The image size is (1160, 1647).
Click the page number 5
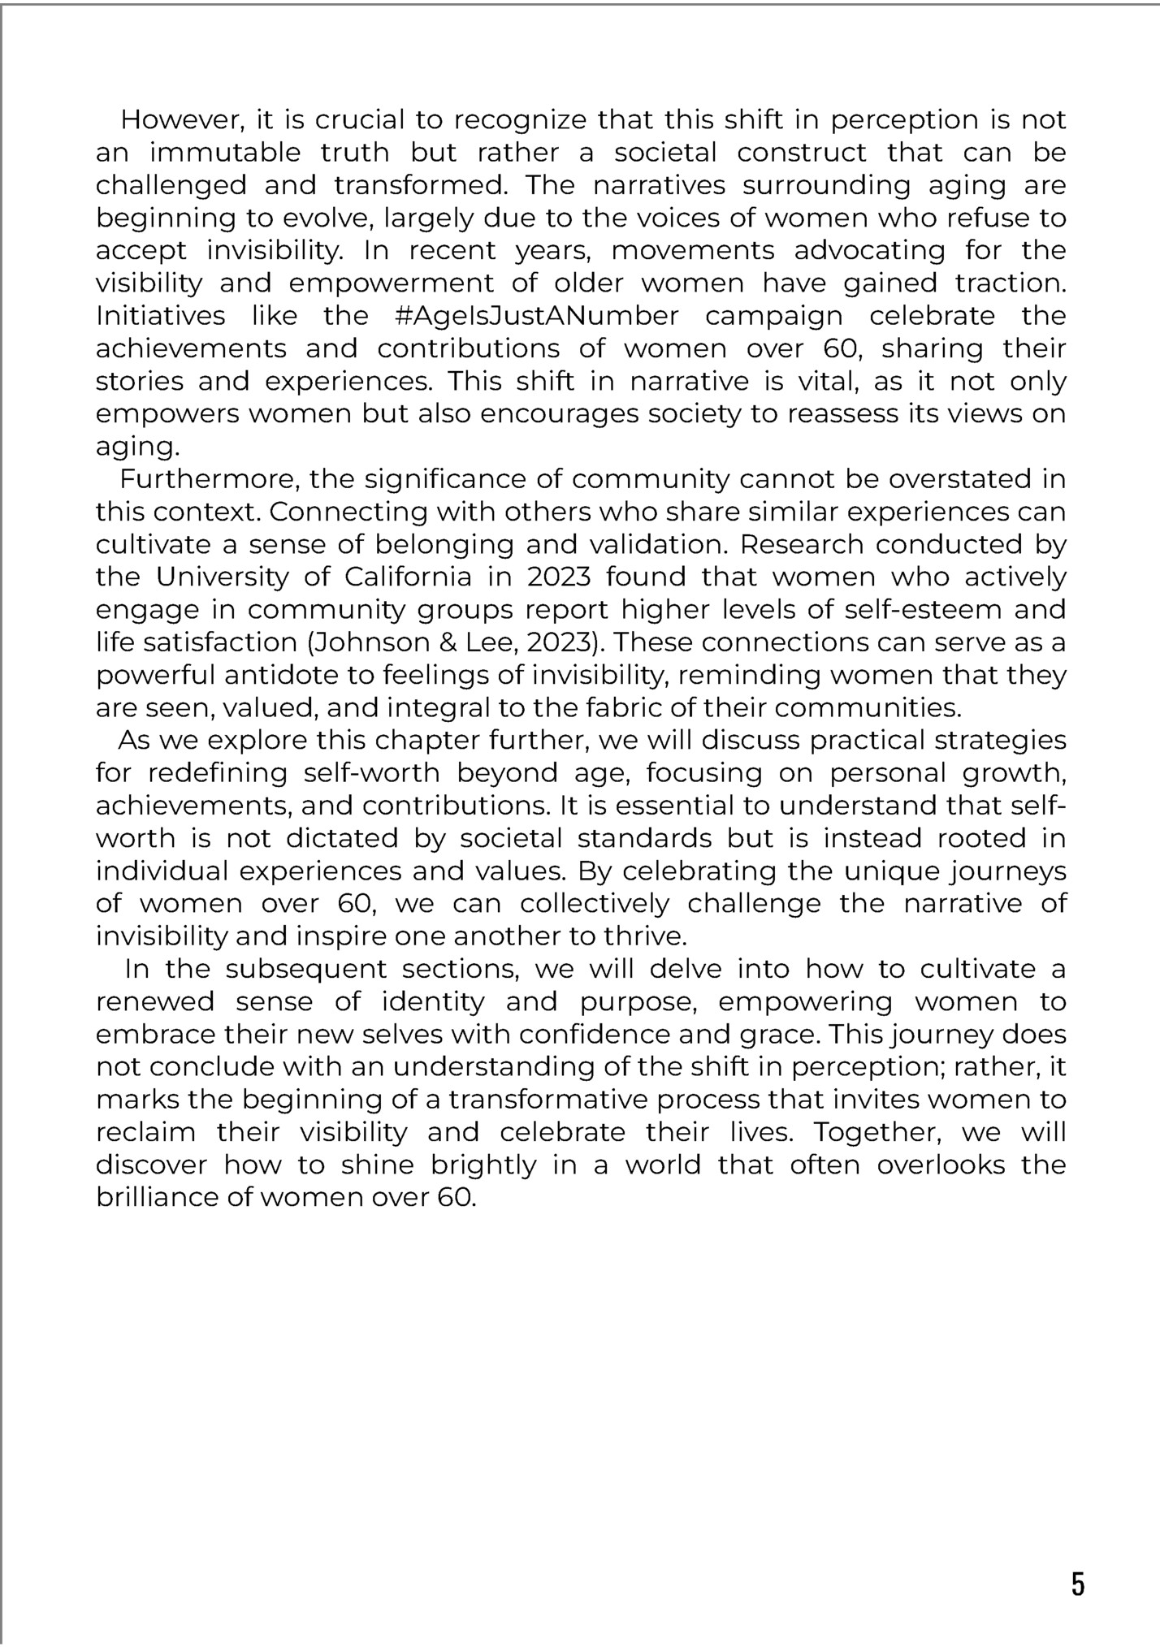click(x=1077, y=1584)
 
